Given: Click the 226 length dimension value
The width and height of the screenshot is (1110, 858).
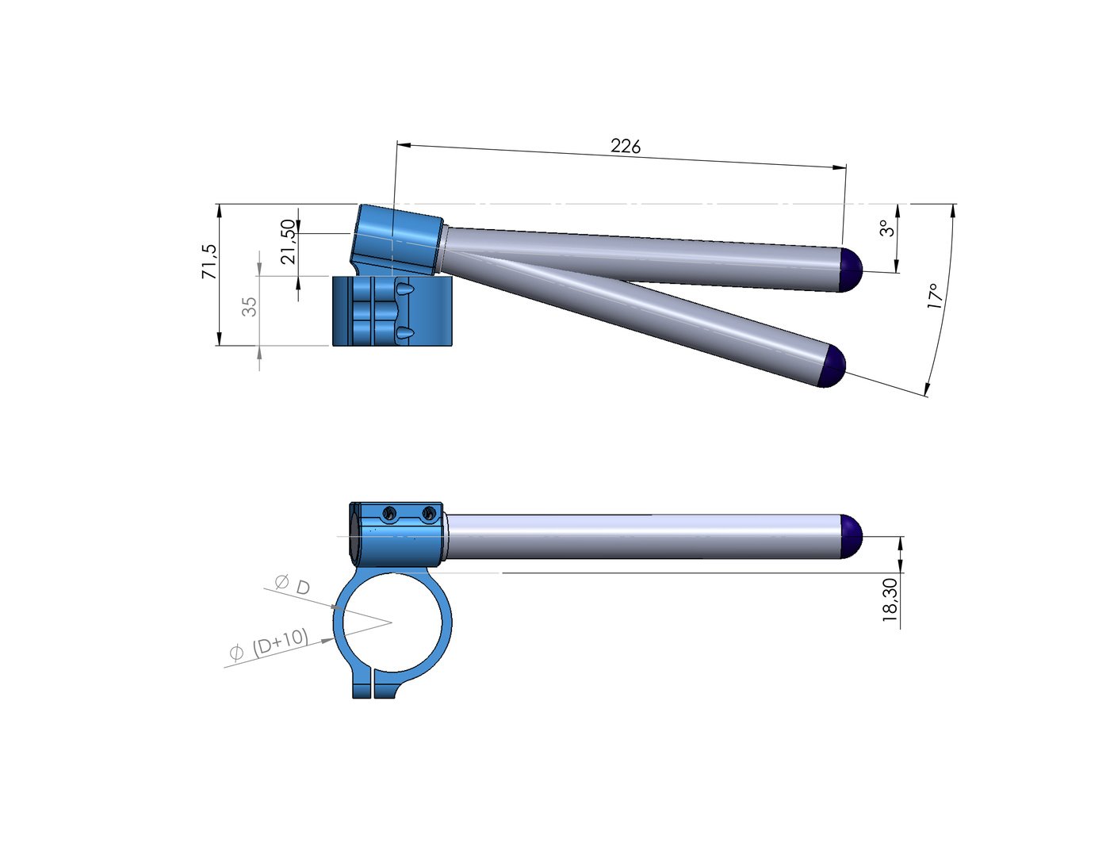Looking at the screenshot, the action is click(x=626, y=147).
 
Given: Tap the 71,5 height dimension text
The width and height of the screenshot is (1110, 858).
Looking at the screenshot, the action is click(x=209, y=262).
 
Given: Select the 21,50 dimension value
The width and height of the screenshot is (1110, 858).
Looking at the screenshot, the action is click(x=289, y=242).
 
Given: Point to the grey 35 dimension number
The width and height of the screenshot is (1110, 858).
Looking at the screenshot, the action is click(x=249, y=307).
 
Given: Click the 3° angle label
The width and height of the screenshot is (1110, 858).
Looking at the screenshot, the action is click(x=887, y=228).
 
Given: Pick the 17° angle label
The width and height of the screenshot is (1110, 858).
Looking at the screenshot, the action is click(x=934, y=297).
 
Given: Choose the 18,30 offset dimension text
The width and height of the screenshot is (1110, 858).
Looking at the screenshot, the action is click(x=890, y=599).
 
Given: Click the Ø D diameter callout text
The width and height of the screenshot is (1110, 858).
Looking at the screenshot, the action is click(x=293, y=584).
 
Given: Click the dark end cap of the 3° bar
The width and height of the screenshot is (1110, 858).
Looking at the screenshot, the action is click(x=852, y=269).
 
